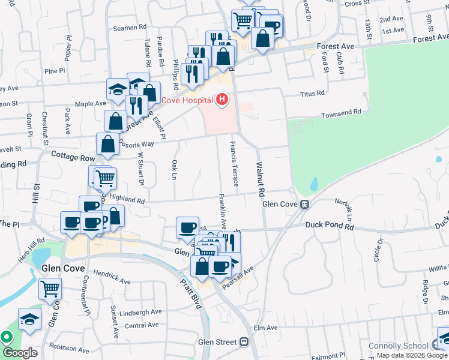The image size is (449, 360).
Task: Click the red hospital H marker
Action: point(223,99)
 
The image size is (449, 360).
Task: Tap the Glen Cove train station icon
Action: point(305,205)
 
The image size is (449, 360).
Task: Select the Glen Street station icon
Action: point(244,342)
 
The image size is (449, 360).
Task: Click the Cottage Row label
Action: point(73,157)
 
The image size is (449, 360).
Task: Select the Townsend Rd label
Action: point(341,112)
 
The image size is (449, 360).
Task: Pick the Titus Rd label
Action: point(312,94)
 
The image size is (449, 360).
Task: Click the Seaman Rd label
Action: point(130,27)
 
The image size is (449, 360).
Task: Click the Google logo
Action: point(20,353)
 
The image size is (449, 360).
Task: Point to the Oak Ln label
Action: point(175,170)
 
